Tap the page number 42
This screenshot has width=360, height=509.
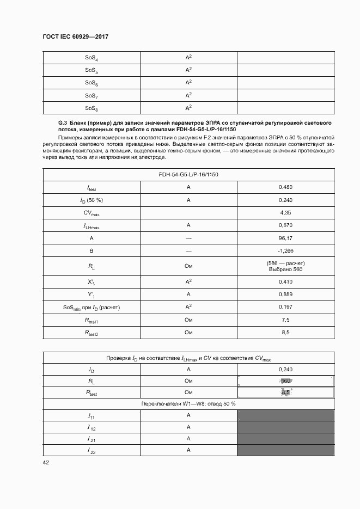(x=46, y=463)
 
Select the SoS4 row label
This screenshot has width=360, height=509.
(x=91, y=58)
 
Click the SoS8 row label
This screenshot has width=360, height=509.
(x=91, y=108)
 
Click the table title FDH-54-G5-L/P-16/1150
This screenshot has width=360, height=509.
(x=188, y=174)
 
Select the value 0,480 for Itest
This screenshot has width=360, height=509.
(x=285, y=187)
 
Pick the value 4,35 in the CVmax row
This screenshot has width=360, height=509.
(x=285, y=212)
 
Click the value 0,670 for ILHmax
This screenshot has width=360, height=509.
(x=285, y=225)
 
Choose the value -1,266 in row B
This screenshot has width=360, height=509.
(x=285, y=250)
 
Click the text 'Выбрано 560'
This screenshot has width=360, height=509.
(x=285, y=269)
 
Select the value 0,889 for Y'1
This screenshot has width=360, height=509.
(x=285, y=295)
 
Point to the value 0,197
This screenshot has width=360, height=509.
(x=285, y=307)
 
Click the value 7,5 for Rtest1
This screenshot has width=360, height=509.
(x=285, y=320)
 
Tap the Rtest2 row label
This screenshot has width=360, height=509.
(x=91, y=333)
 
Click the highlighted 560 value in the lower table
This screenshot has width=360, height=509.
(x=286, y=381)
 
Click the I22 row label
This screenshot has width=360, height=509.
(x=91, y=451)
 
